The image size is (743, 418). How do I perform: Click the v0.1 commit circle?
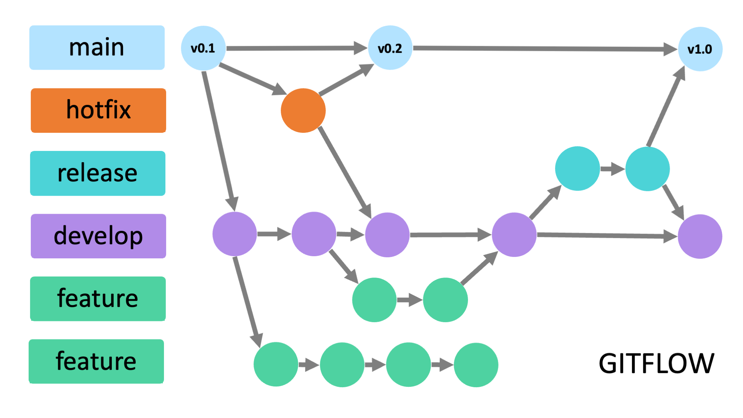click(x=203, y=48)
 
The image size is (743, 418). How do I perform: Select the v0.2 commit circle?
click(x=390, y=48)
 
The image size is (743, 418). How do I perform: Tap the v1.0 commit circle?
click(x=700, y=49)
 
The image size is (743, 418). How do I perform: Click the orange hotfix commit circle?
click(x=303, y=110)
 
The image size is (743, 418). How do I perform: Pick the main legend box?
click(x=97, y=48)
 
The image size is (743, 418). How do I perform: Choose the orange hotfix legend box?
click(x=98, y=110)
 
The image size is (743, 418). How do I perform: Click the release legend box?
click(x=98, y=173)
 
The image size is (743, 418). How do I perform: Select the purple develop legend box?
click(x=98, y=236)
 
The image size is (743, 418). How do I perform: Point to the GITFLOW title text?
click(x=656, y=363)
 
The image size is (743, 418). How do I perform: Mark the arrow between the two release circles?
click(x=612, y=169)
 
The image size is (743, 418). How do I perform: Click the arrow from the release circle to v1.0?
click(x=666, y=107)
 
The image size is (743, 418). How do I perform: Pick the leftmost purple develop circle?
click(x=235, y=234)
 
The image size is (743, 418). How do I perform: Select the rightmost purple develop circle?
click(x=700, y=236)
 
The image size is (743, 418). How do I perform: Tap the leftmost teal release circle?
click(x=577, y=168)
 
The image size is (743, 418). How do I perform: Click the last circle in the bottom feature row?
click(x=476, y=365)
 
